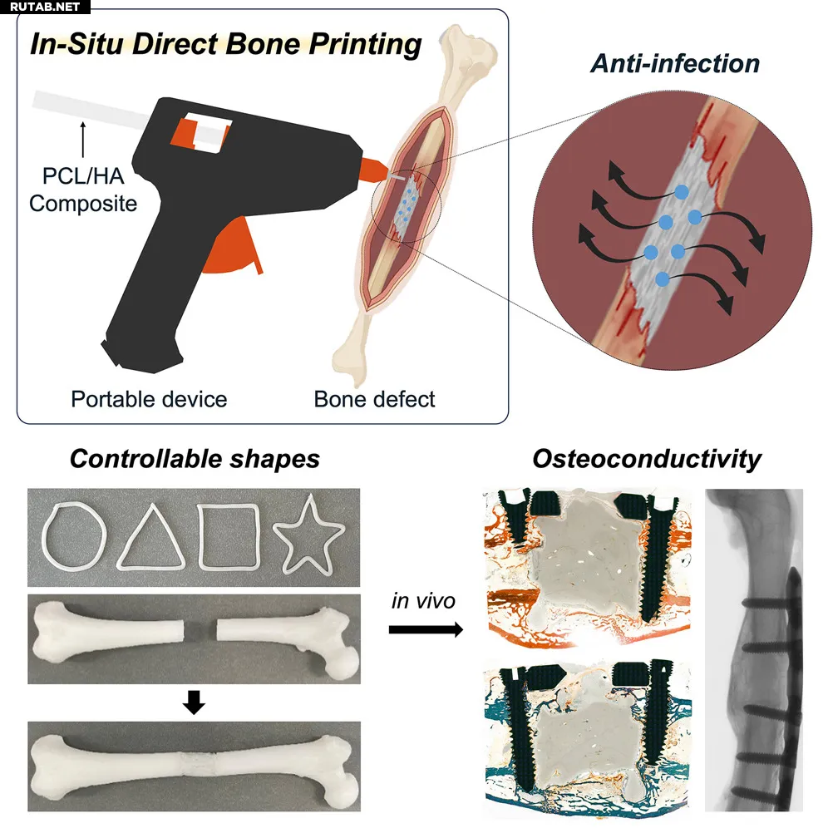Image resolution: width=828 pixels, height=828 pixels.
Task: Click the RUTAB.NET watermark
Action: [45, 7]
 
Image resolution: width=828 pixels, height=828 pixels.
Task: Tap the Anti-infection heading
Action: [675, 63]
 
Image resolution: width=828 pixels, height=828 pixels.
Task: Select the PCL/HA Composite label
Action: [83, 190]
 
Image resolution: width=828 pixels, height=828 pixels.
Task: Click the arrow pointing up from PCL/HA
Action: [83, 140]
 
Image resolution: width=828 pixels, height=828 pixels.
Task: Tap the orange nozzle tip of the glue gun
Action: [374, 169]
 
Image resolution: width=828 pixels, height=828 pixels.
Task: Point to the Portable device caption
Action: [149, 399]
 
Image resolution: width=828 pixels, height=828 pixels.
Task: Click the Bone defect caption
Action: [374, 399]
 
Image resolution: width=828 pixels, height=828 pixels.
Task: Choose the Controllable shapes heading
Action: [195, 458]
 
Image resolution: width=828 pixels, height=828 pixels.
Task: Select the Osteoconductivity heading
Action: [647, 458]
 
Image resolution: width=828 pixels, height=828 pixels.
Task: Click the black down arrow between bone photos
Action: [194, 702]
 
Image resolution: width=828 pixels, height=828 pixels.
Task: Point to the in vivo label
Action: [423, 601]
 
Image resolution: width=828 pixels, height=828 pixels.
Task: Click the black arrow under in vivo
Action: [426, 629]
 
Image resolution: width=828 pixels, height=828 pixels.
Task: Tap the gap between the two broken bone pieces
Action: [200, 630]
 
